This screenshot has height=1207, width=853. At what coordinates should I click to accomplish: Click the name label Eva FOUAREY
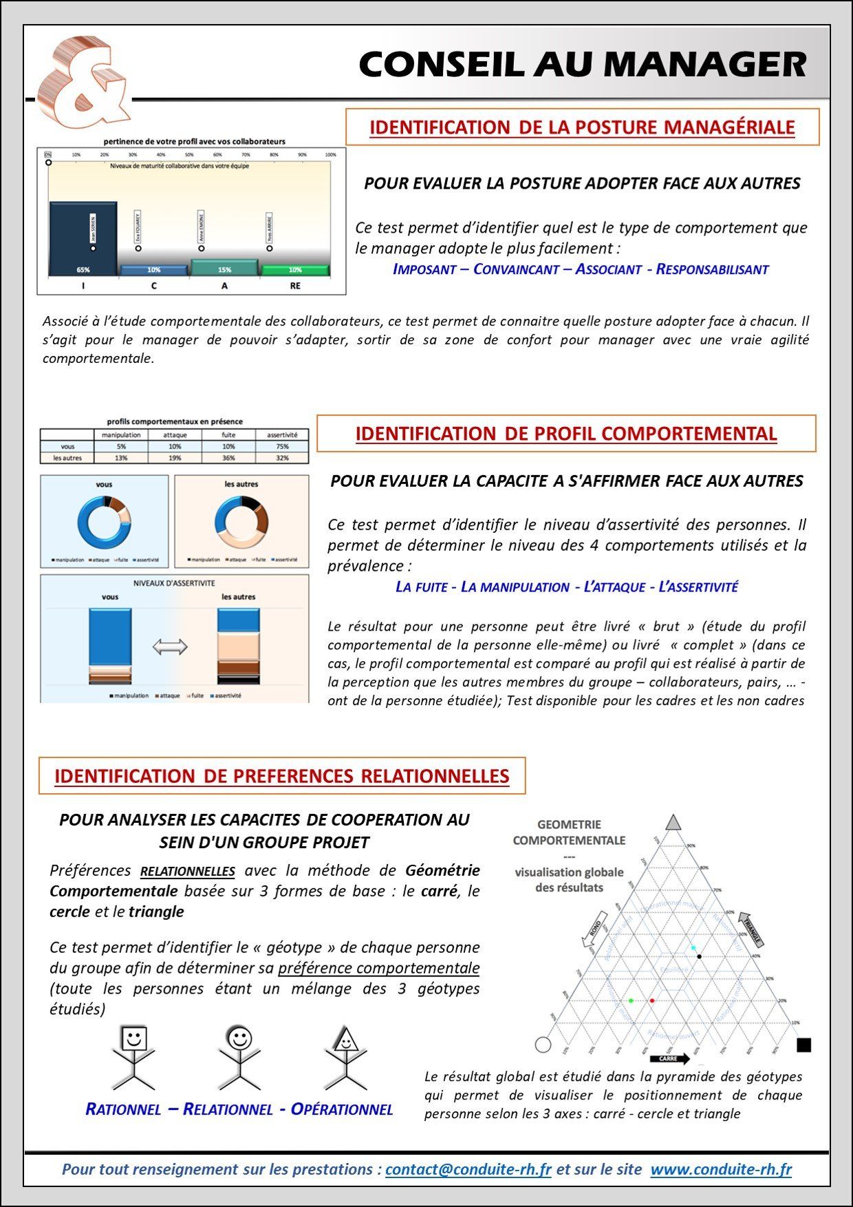coord(138,226)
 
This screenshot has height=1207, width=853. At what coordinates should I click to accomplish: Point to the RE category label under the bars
coord(295,286)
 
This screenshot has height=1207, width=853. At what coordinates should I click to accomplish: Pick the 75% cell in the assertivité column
coord(282,446)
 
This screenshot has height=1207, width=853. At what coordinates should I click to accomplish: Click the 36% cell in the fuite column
coord(228,458)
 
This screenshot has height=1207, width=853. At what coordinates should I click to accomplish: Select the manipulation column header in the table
coord(121,434)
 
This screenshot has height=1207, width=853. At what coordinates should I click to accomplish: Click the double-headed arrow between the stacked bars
coord(169,647)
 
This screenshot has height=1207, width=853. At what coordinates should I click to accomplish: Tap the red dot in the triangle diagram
coord(652,1000)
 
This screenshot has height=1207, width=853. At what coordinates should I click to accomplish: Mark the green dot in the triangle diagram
coord(631,1000)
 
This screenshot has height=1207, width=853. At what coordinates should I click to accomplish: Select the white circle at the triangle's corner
coord(543,1045)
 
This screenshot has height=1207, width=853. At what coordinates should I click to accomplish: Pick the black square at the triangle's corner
coord(803,1045)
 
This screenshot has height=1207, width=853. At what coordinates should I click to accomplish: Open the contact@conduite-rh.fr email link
coord(468,1169)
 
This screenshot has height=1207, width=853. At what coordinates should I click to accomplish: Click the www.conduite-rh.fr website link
coord(721,1169)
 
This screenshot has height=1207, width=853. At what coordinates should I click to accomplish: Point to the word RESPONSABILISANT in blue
coord(712,269)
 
